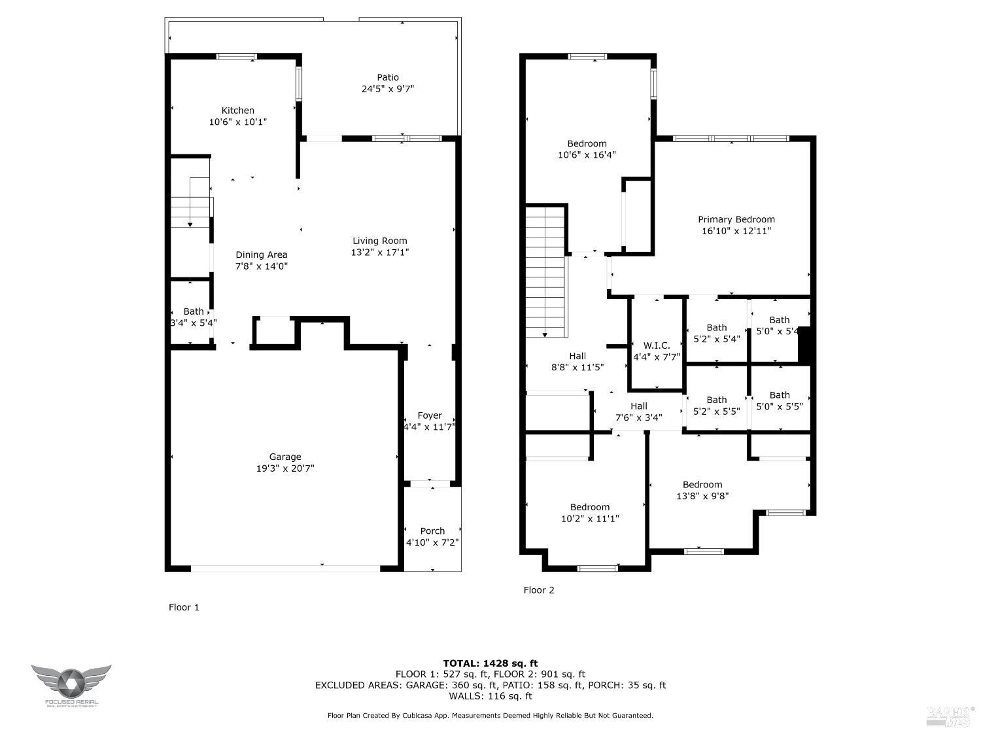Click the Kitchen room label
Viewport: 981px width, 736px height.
click(x=237, y=111)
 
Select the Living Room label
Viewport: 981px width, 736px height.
click(x=379, y=241)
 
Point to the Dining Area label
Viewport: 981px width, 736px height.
click(x=261, y=254)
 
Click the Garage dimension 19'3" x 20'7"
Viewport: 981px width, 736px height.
click(x=285, y=468)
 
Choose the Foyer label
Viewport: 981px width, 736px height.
click(x=430, y=415)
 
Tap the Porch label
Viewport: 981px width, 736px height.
click(x=432, y=531)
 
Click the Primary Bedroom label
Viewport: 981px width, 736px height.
click(x=736, y=220)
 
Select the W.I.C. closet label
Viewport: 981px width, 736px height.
click(x=657, y=345)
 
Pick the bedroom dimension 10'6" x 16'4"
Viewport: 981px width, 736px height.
click(x=587, y=155)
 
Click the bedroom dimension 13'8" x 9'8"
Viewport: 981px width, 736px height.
click(x=702, y=496)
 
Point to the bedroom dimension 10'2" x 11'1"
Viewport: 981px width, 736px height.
click(x=589, y=519)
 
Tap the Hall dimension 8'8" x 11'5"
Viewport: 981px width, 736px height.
click(x=577, y=368)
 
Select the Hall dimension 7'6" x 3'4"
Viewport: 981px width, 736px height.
click(x=638, y=417)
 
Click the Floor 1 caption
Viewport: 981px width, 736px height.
click(x=184, y=607)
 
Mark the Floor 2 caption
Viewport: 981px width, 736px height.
click(x=538, y=590)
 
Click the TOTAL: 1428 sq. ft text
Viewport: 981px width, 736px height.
click(x=490, y=663)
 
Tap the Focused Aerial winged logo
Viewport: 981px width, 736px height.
click(x=71, y=682)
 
